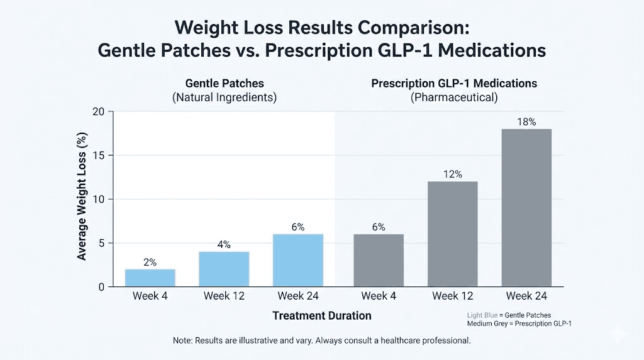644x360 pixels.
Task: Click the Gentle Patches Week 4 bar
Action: click(150, 278)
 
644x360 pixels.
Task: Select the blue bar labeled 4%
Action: click(224, 269)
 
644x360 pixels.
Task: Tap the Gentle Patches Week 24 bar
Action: click(299, 260)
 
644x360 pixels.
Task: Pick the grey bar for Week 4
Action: click(379, 260)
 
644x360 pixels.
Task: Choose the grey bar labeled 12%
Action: click(452, 233)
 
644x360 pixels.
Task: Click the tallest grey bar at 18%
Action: click(526, 208)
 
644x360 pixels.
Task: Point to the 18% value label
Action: click(526, 122)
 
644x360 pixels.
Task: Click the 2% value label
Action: click(150, 262)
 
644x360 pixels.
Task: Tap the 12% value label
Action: click(452, 174)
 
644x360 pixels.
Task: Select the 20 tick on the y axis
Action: click(97, 112)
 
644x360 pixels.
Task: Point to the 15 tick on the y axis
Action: click(97, 155)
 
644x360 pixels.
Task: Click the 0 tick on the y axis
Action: click(101, 287)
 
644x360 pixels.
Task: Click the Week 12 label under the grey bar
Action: click(452, 296)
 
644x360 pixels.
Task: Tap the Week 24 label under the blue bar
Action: click(299, 296)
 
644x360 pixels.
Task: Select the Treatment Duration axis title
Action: click(322, 315)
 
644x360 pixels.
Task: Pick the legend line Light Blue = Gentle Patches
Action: click(509, 315)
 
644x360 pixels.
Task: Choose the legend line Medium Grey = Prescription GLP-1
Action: click(519, 323)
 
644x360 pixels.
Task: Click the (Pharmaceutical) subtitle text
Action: click(453, 98)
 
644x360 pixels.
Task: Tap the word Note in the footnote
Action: click(183, 340)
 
